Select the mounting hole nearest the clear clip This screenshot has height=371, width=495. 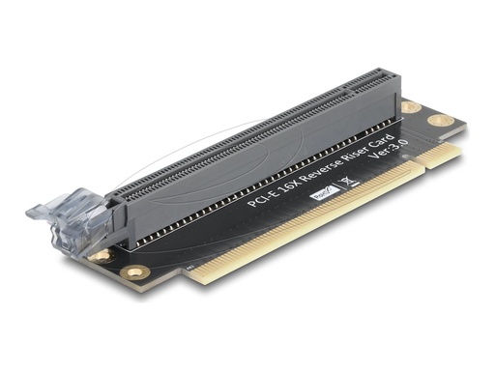tap(101, 256)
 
